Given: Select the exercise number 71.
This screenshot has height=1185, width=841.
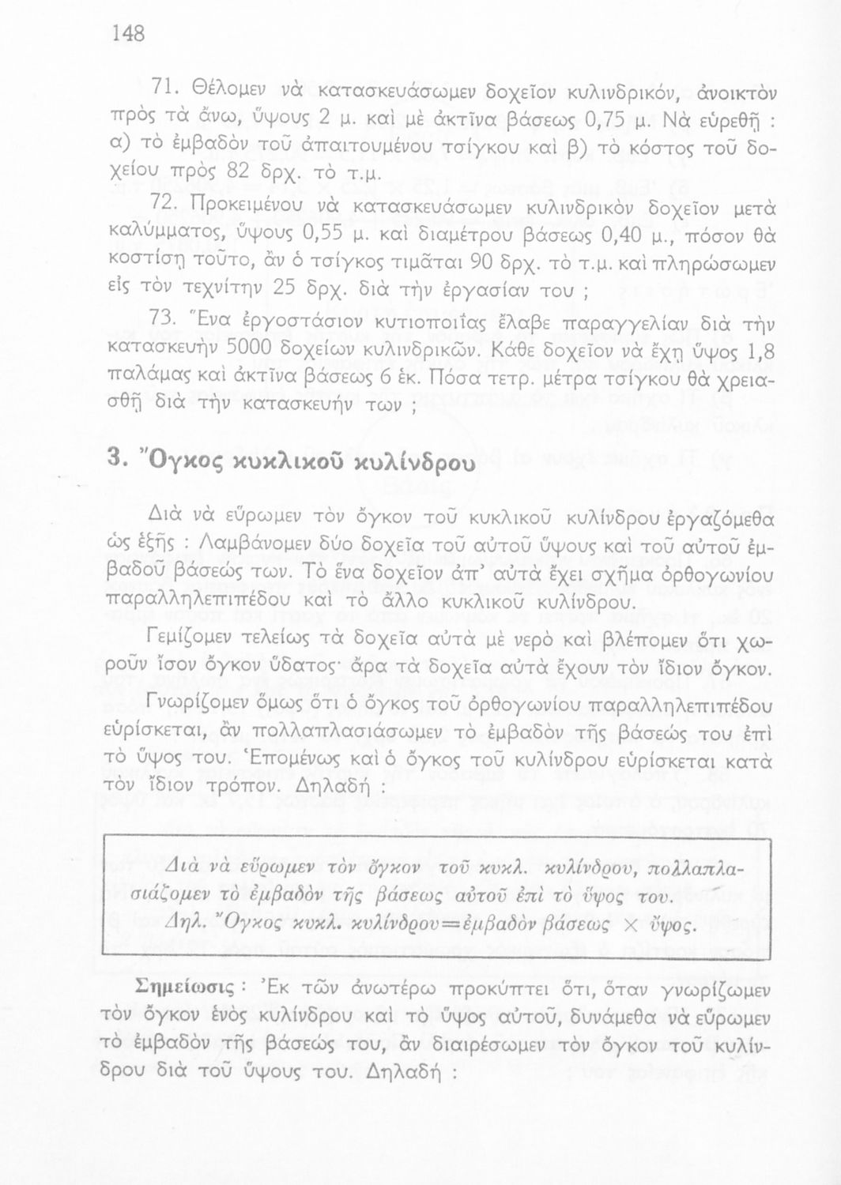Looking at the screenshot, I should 164,88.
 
